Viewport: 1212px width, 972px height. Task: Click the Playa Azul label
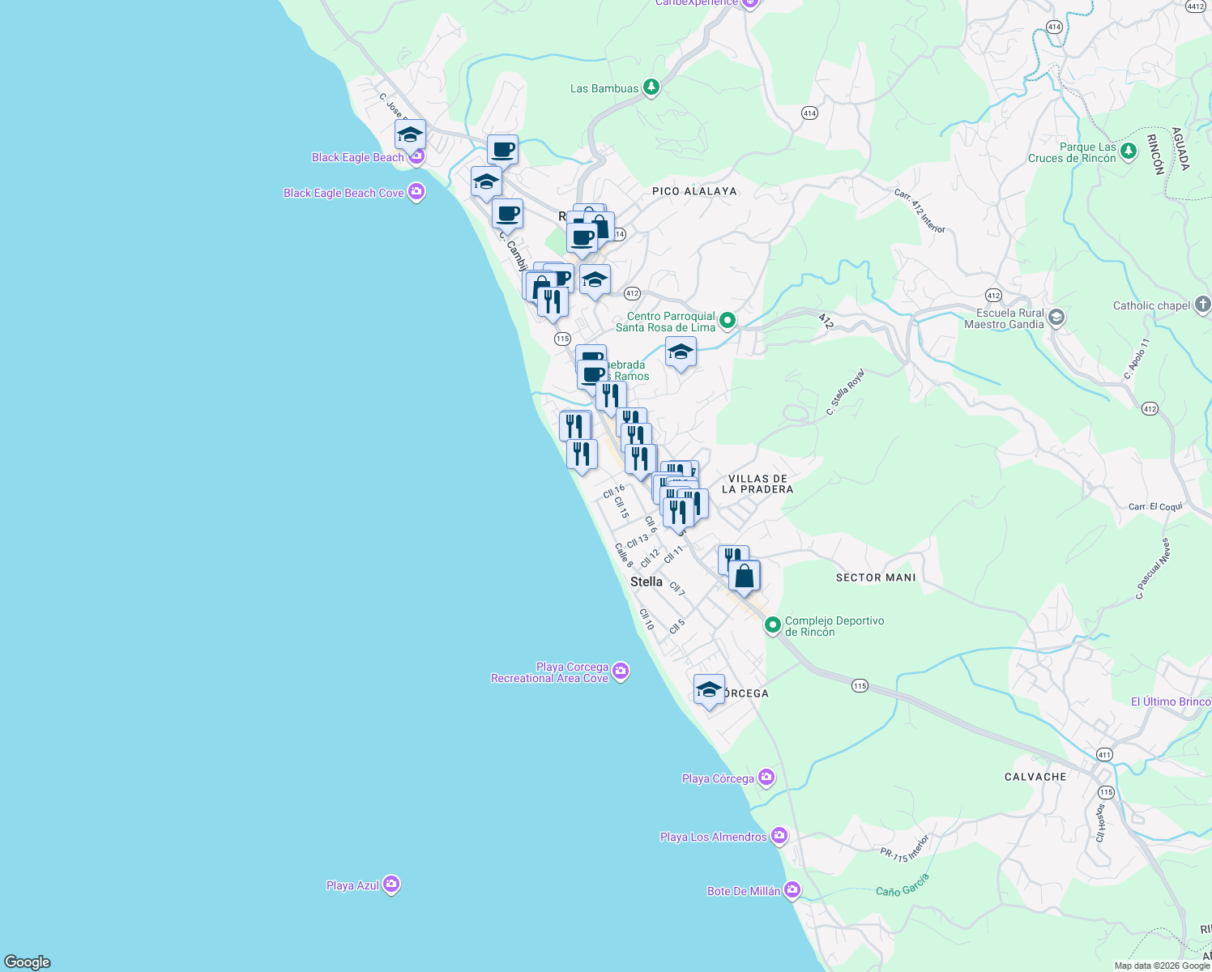[352, 885]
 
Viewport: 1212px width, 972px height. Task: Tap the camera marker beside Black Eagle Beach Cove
[416, 192]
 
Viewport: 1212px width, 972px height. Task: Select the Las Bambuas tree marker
[651, 87]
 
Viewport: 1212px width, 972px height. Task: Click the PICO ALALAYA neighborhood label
[694, 191]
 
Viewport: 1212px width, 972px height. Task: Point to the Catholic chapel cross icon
[1202, 305]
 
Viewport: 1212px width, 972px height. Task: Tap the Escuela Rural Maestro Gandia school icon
[1056, 318]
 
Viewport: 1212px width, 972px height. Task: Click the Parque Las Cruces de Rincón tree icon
[1129, 151]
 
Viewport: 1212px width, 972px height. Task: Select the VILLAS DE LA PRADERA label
[757, 484]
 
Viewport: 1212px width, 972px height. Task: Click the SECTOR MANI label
[876, 578]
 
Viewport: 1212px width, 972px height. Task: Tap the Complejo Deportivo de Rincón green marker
[773, 625]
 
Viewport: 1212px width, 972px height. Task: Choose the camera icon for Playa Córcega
[766, 778]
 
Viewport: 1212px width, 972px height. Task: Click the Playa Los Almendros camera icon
[779, 835]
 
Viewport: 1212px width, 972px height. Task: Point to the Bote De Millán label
[743, 891]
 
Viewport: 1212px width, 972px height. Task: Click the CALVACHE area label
[1035, 777]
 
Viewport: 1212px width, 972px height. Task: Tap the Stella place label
[646, 582]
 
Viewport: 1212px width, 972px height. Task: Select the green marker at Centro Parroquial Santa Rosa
[728, 321]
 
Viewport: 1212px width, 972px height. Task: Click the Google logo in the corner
[28, 962]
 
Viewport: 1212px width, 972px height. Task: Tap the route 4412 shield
[1196, 6]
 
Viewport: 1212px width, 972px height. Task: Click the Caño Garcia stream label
[902, 885]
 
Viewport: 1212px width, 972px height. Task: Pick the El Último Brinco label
[1171, 701]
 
